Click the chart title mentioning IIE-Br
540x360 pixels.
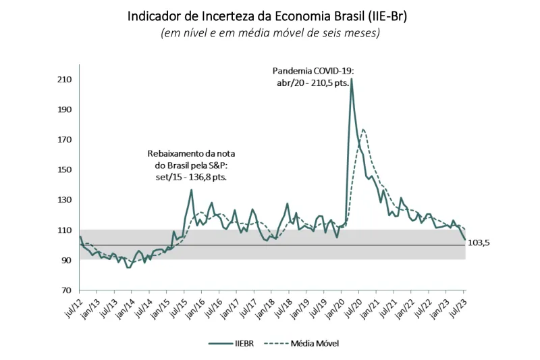tap(267, 16)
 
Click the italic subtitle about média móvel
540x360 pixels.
tap(270, 33)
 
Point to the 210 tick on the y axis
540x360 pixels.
tap(64, 80)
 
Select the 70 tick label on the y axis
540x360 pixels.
tap(66, 290)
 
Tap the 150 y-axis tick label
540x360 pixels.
tap(64, 170)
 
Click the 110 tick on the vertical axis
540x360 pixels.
tap(64, 230)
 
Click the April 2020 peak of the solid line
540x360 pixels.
tap(351, 79)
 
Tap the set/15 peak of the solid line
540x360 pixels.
tap(191, 190)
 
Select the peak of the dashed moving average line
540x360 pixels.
tap(363, 129)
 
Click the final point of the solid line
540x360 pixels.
tap(464, 240)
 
